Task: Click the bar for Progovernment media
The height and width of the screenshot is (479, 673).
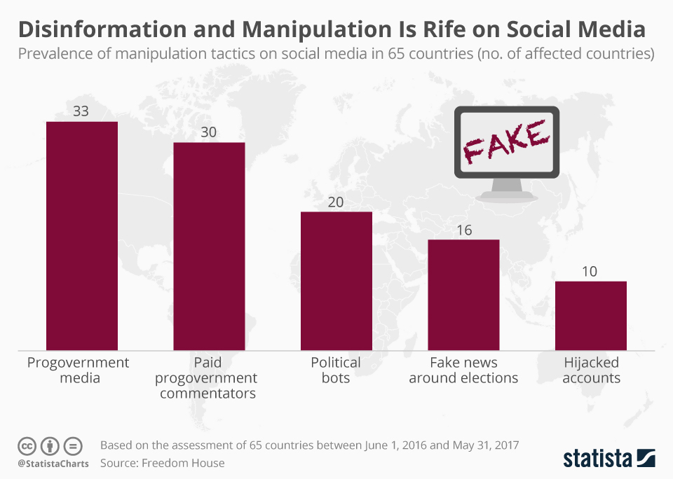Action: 81,235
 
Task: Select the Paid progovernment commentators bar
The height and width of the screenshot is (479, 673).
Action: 209,246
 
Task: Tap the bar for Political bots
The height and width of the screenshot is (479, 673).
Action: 336,280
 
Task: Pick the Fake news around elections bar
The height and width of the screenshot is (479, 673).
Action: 463,294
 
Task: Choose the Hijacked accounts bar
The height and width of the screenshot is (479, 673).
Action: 591,315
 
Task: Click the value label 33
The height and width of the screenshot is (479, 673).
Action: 81,111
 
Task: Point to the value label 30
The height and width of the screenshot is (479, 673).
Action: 209,132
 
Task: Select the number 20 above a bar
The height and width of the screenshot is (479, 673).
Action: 336,201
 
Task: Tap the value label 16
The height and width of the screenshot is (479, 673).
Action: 463,229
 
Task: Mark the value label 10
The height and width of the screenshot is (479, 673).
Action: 591,271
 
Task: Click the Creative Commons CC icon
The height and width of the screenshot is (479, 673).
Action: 27,445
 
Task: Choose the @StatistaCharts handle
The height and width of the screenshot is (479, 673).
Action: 53,464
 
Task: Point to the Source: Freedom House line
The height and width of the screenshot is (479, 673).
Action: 163,463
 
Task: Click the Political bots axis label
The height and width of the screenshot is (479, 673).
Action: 336,370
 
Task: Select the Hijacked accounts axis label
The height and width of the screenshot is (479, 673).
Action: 591,370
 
